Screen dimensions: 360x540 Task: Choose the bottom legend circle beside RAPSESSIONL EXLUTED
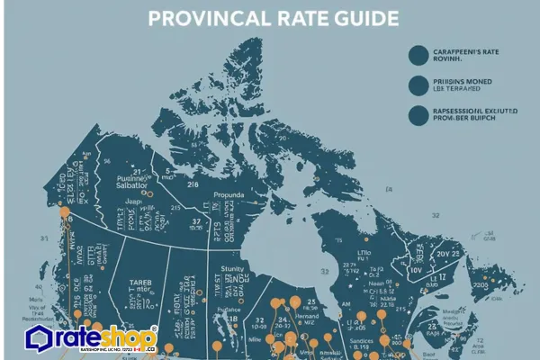click(x=418, y=115)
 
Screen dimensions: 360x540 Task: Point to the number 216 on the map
click(x=192, y=183)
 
